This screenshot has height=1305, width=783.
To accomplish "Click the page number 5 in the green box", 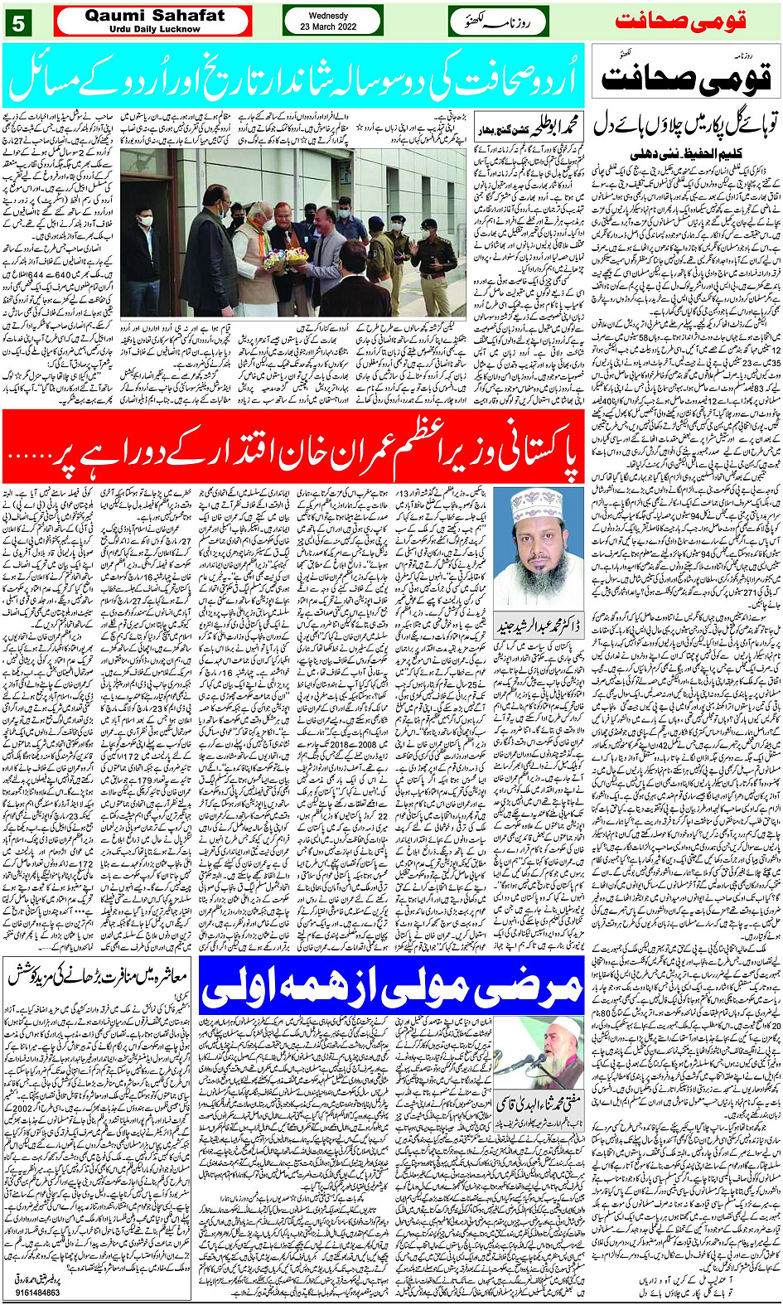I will pos(18,23).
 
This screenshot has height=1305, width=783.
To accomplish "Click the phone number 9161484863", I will pos(37,1293).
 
